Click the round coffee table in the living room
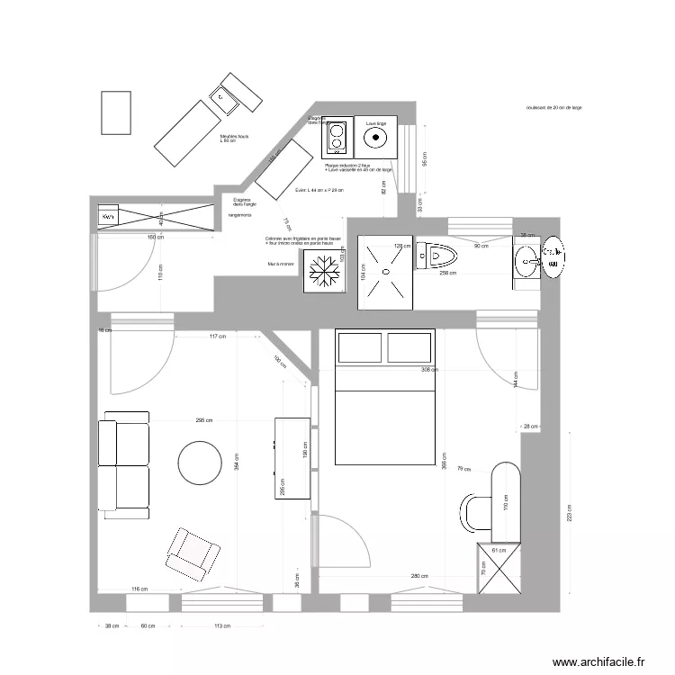point(200,463)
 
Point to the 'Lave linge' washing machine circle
point(375,138)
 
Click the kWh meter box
point(109,218)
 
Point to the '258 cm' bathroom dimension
point(446,274)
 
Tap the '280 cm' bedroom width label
point(418,577)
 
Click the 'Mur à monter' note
point(281,264)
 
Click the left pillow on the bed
point(358,348)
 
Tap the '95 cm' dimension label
point(425,158)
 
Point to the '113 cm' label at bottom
point(223,626)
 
